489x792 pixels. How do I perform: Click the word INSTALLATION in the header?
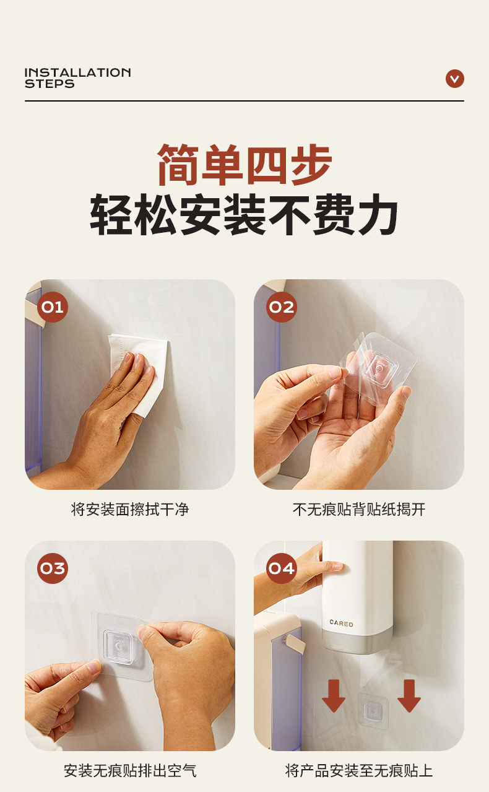pyautogui.click(x=78, y=72)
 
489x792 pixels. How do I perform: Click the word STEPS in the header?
pyautogui.click(x=50, y=84)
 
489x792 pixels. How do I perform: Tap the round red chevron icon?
pyautogui.click(x=455, y=79)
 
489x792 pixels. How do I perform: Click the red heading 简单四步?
pyautogui.click(x=244, y=165)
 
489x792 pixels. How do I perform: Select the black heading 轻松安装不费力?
pyautogui.click(x=244, y=214)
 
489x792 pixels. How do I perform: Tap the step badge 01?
pyautogui.click(x=52, y=307)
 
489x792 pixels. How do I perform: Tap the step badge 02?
pyautogui.click(x=281, y=307)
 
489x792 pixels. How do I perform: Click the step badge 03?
pyautogui.click(x=52, y=568)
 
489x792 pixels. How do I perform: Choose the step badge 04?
pyautogui.click(x=281, y=568)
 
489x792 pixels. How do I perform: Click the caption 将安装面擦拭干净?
pyautogui.click(x=130, y=510)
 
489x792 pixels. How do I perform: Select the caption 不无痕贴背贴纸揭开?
pyautogui.click(x=359, y=510)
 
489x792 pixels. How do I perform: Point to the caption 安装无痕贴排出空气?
pyautogui.click(x=130, y=771)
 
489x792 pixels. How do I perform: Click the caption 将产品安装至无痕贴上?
pyautogui.click(x=359, y=771)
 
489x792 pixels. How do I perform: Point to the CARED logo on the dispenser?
pyautogui.click(x=341, y=624)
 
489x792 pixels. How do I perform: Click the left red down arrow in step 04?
pyautogui.click(x=333, y=695)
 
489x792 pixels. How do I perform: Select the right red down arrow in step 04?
pyautogui.click(x=409, y=695)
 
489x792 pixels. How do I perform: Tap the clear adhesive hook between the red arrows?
pyautogui.click(x=373, y=711)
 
